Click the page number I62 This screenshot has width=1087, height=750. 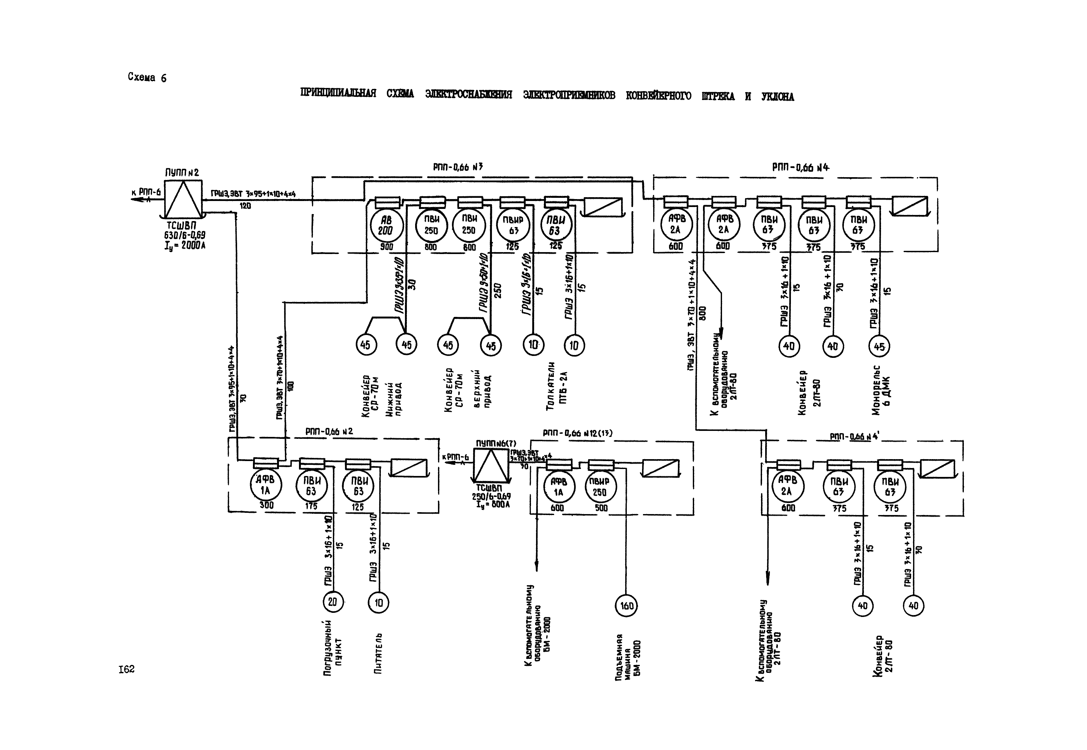tap(126, 669)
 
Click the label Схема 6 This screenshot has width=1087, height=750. tap(147, 77)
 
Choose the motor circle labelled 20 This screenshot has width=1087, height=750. tap(333, 602)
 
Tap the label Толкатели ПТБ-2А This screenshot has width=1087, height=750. tap(557, 386)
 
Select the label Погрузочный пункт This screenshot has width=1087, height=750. tap(333, 648)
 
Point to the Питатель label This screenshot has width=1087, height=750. tap(378, 653)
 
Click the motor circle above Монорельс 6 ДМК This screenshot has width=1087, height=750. tap(879, 347)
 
